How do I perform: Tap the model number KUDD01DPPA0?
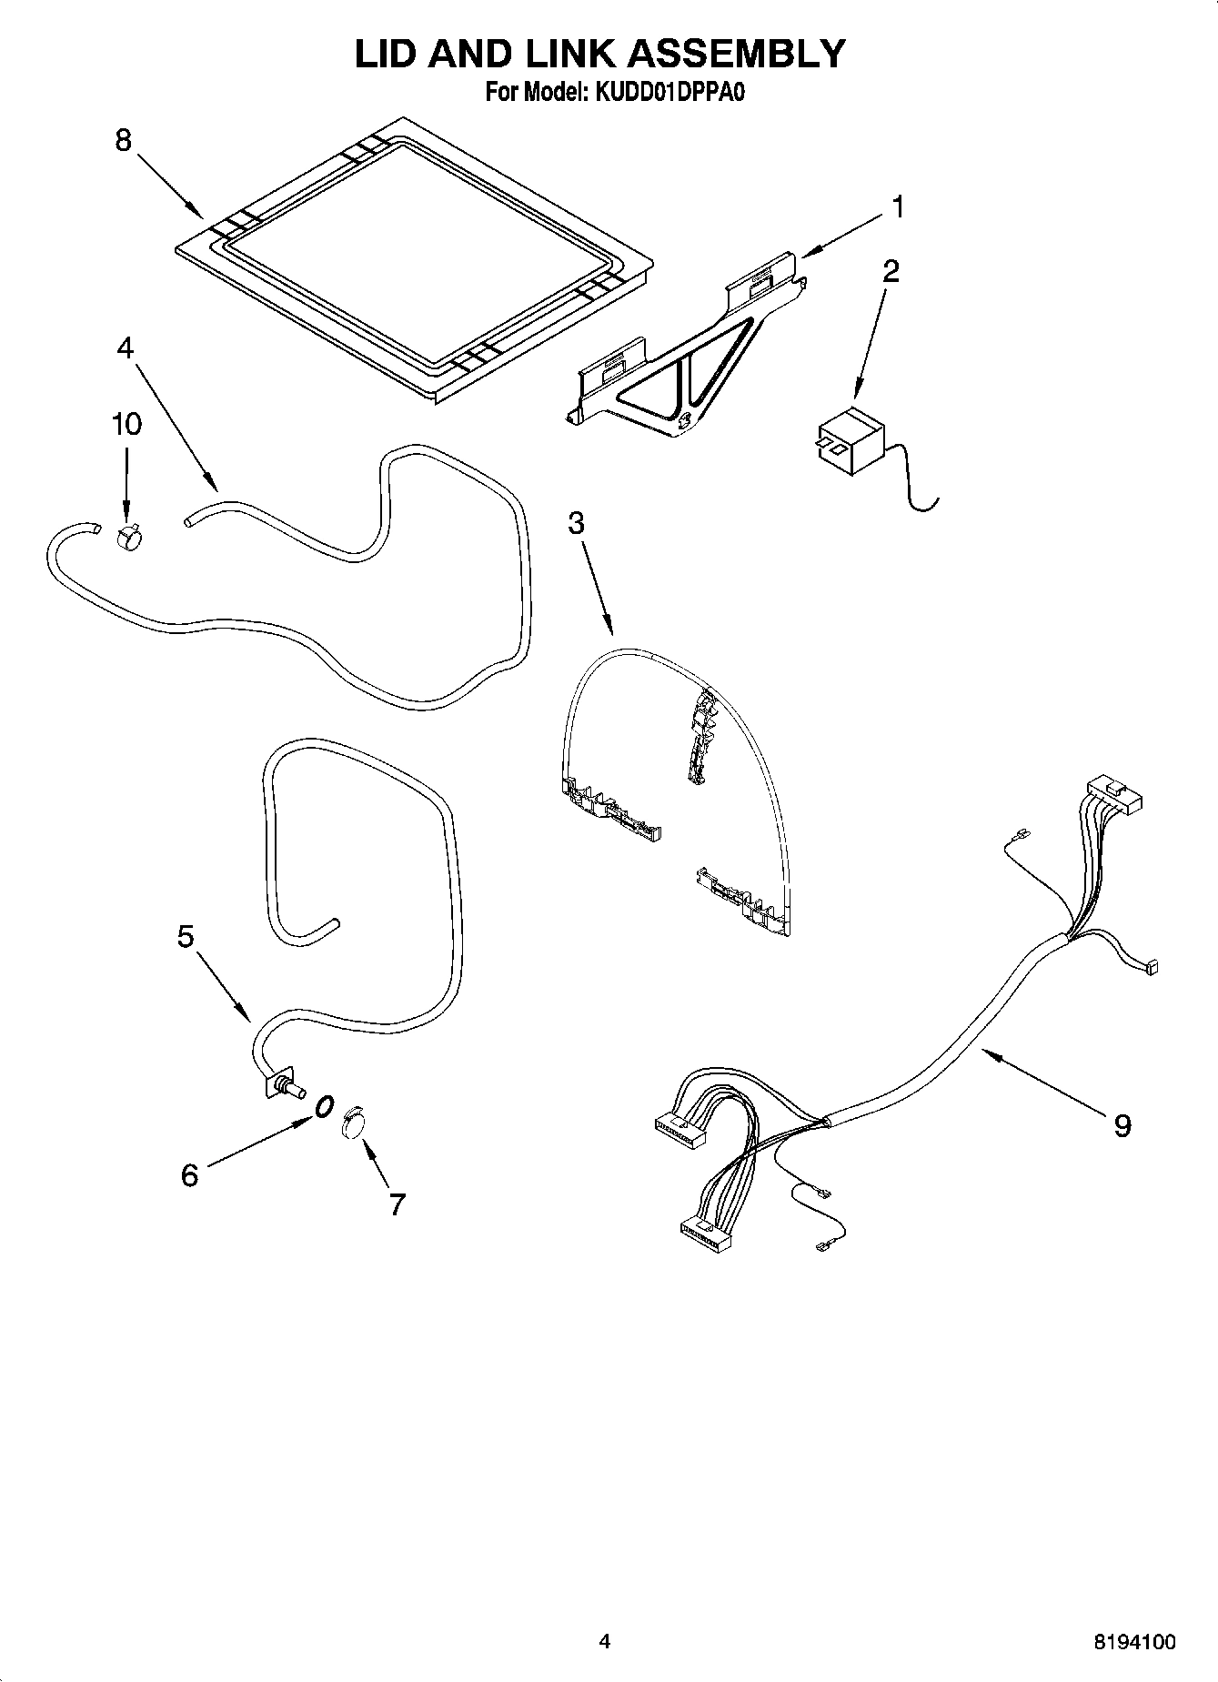point(669,92)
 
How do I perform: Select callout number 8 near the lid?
point(123,141)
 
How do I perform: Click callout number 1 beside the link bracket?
point(897,208)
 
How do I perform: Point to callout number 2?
point(891,271)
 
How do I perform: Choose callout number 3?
point(575,523)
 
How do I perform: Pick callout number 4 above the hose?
point(125,348)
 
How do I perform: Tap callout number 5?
point(186,936)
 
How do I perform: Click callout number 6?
point(189,1174)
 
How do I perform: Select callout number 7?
point(397,1204)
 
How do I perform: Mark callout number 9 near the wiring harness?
point(1122,1127)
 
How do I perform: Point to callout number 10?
point(126,424)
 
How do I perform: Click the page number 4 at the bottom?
point(604,1642)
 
